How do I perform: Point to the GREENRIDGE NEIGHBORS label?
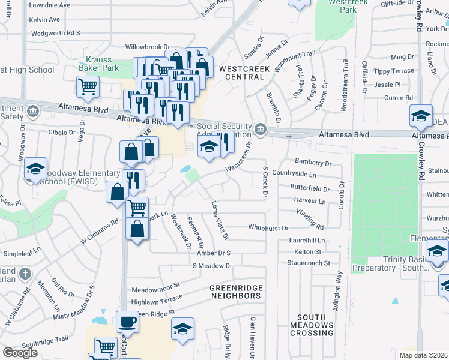(x=236, y=292)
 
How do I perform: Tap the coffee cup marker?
(x=127, y=322)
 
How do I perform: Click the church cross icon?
(x=25, y=274)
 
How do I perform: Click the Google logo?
(x=20, y=352)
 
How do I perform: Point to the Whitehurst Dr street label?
(x=268, y=228)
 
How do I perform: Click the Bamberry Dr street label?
(x=313, y=163)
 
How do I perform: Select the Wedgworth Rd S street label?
(x=56, y=33)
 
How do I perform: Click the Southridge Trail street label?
(x=45, y=340)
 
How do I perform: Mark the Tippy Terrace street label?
(x=394, y=71)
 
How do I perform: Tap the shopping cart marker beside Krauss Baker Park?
(x=88, y=87)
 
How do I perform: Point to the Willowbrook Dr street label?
(x=148, y=46)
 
